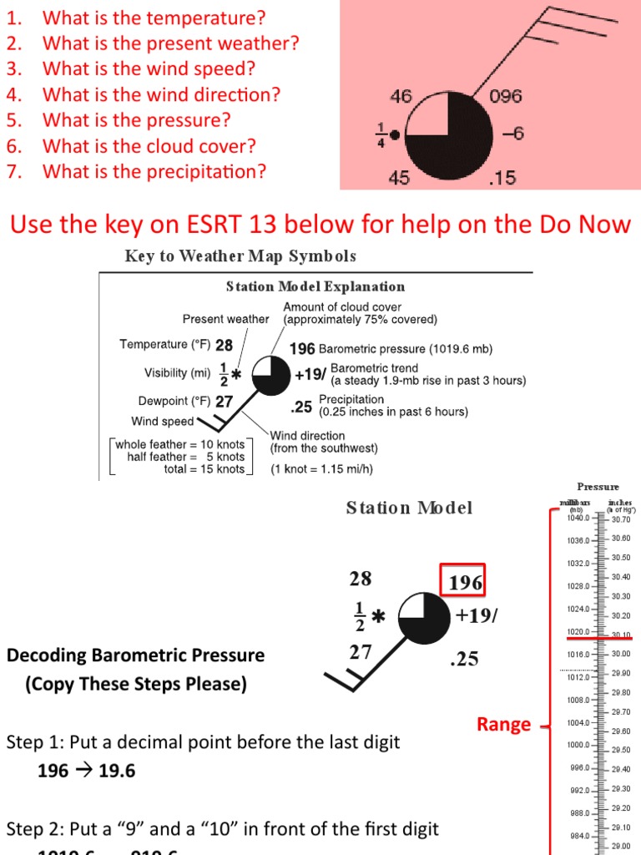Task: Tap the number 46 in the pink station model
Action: point(401,96)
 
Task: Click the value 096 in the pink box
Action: point(506,96)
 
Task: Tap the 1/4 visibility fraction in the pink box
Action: point(380,134)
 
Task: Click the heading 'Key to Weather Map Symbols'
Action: point(240,255)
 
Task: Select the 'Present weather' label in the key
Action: point(225,319)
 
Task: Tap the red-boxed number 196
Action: point(465,582)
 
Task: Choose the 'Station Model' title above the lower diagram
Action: point(409,508)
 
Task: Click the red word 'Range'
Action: point(503,724)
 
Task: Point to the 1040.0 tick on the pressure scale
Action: point(578,518)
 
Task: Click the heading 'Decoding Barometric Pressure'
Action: point(135,655)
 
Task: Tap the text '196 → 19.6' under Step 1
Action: point(86,771)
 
